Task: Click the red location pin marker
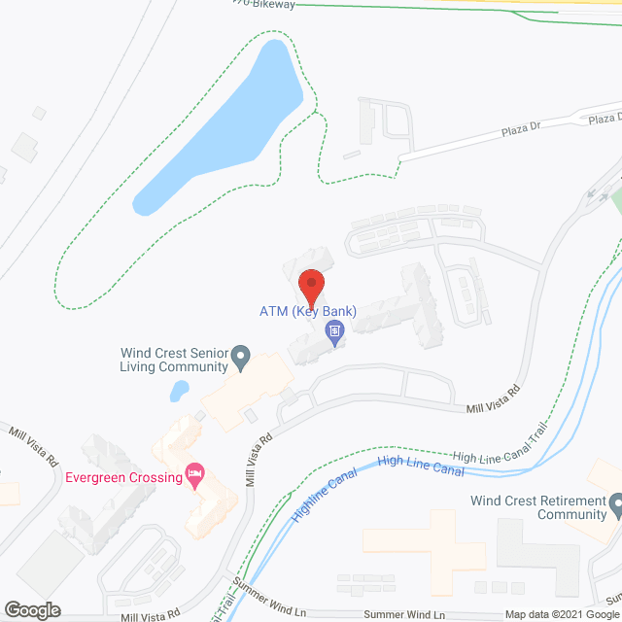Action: click(x=311, y=285)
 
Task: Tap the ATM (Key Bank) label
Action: click(x=308, y=312)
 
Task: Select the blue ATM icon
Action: click(x=333, y=334)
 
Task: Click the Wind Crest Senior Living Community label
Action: click(x=174, y=360)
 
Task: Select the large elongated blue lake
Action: click(x=219, y=131)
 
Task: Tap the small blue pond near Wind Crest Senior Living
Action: click(x=179, y=391)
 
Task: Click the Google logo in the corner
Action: click(x=31, y=610)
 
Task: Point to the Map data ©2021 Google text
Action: click(x=562, y=614)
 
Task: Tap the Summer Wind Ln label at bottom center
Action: click(x=406, y=615)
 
